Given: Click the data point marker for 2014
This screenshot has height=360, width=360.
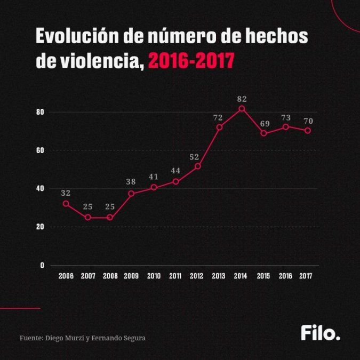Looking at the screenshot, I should tap(242, 109).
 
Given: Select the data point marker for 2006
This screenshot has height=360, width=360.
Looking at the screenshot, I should tap(66, 203).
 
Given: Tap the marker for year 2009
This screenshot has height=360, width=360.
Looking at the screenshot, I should tap(131, 194).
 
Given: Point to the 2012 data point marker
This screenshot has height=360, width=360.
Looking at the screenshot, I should tap(197, 166).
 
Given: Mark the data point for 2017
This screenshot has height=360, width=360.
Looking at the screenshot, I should tap(308, 131).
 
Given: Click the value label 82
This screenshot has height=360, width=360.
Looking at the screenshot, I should tap(242, 99).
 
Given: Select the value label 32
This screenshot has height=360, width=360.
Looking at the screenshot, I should tap(66, 193).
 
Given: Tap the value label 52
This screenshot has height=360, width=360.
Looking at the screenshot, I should tap(195, 157).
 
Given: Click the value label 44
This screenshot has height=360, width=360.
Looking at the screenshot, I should tap(175, 170).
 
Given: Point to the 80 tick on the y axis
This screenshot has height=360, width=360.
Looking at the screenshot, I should tap(40, 112).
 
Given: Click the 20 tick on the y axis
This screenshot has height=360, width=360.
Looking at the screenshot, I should tap(40, 227).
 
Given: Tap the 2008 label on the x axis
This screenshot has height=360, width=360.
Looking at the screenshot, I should tap(109, 276).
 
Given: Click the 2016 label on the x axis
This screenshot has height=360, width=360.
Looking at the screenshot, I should tap(285, 276).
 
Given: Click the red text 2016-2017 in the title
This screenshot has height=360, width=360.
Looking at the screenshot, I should tap(191, 62).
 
